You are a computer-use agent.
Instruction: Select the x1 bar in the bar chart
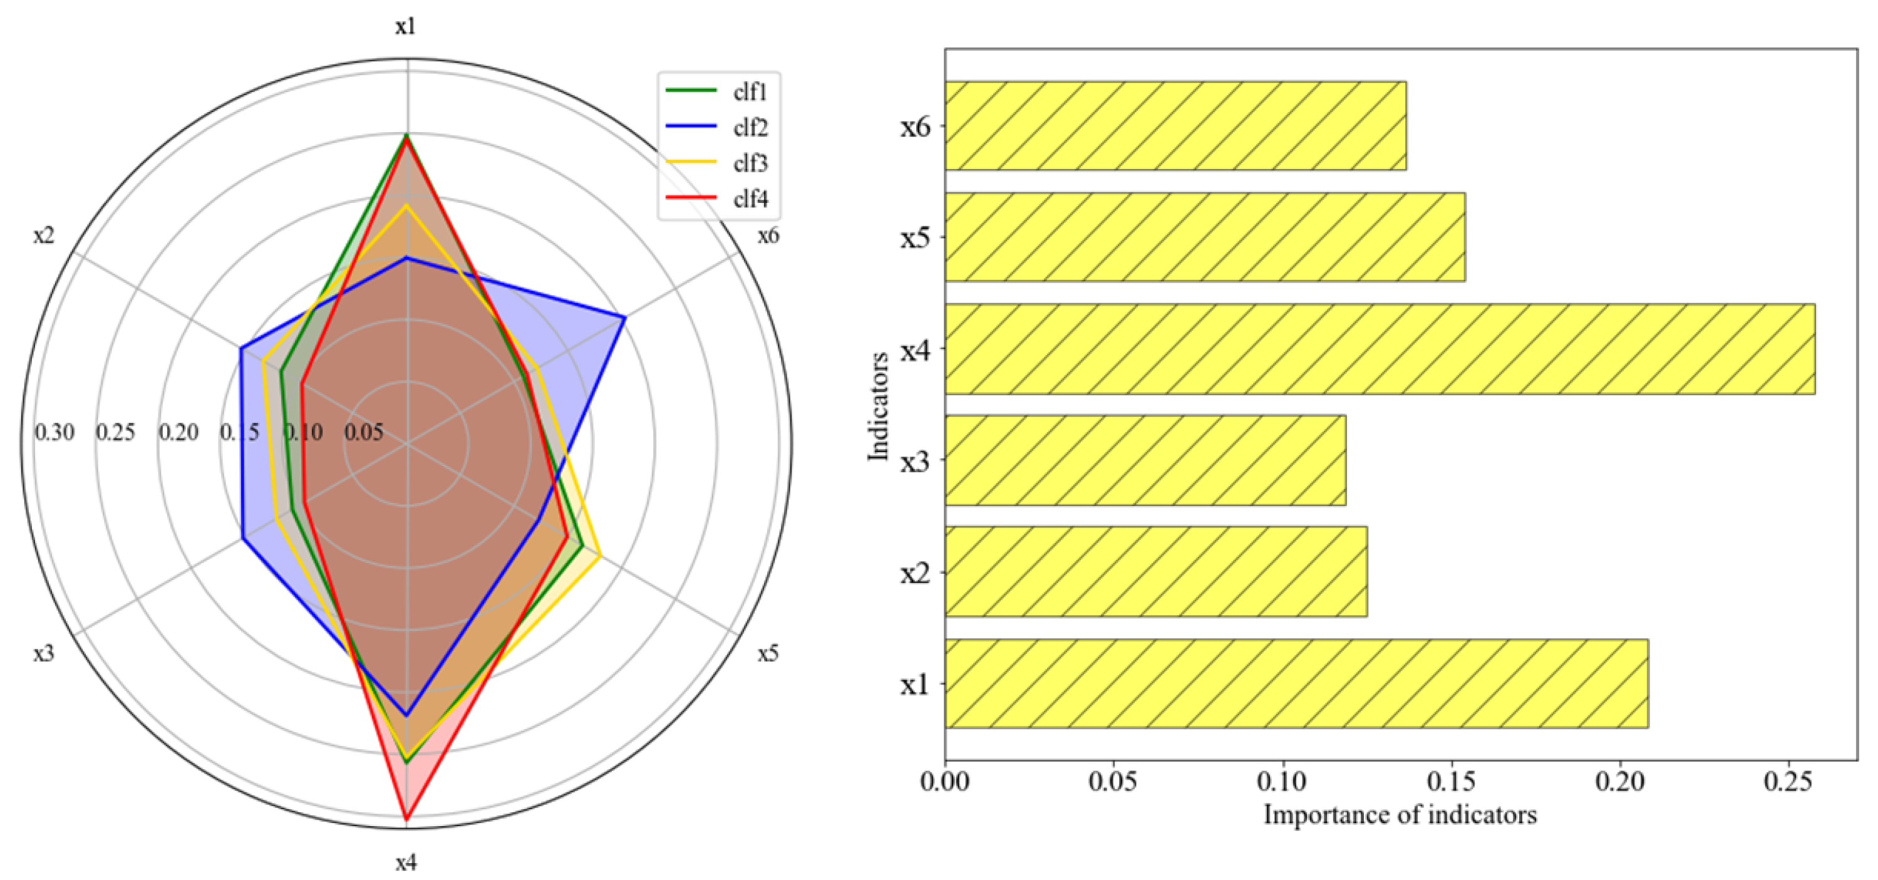(x=1296, y=683)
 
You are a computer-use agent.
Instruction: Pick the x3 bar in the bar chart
(x=1145, y=460)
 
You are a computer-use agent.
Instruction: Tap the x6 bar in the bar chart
(x=1175, y=125)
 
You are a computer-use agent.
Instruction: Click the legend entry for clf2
(x=750, y=128)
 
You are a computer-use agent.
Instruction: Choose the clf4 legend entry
(x=750, y=199)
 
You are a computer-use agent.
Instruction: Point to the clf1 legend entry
(x=750, y=92)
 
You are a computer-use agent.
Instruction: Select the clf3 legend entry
(x=750, y=163)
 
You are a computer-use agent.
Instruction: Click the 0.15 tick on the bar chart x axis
(x=1450, y=782)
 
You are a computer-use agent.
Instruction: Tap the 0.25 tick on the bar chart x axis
(x=1788, y=782)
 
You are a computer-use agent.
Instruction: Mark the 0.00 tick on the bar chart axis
(x=946, y=782)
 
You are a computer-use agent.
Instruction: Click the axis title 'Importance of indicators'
(x=1400, y=814)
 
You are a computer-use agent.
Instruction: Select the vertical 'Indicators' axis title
(x=879, y=406)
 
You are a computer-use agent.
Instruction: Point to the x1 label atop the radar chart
(x=406, y=27)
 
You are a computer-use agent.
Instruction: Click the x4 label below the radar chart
(x=406, y=862)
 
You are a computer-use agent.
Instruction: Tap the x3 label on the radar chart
(x=44, y=653)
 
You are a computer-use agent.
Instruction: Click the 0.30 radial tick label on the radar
(x=54, y=432)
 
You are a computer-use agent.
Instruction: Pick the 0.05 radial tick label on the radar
(x=363, y=432)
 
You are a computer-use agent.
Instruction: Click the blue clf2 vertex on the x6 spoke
(x=624, y=317)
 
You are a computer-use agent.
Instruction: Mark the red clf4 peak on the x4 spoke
(x=406, y=821)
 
